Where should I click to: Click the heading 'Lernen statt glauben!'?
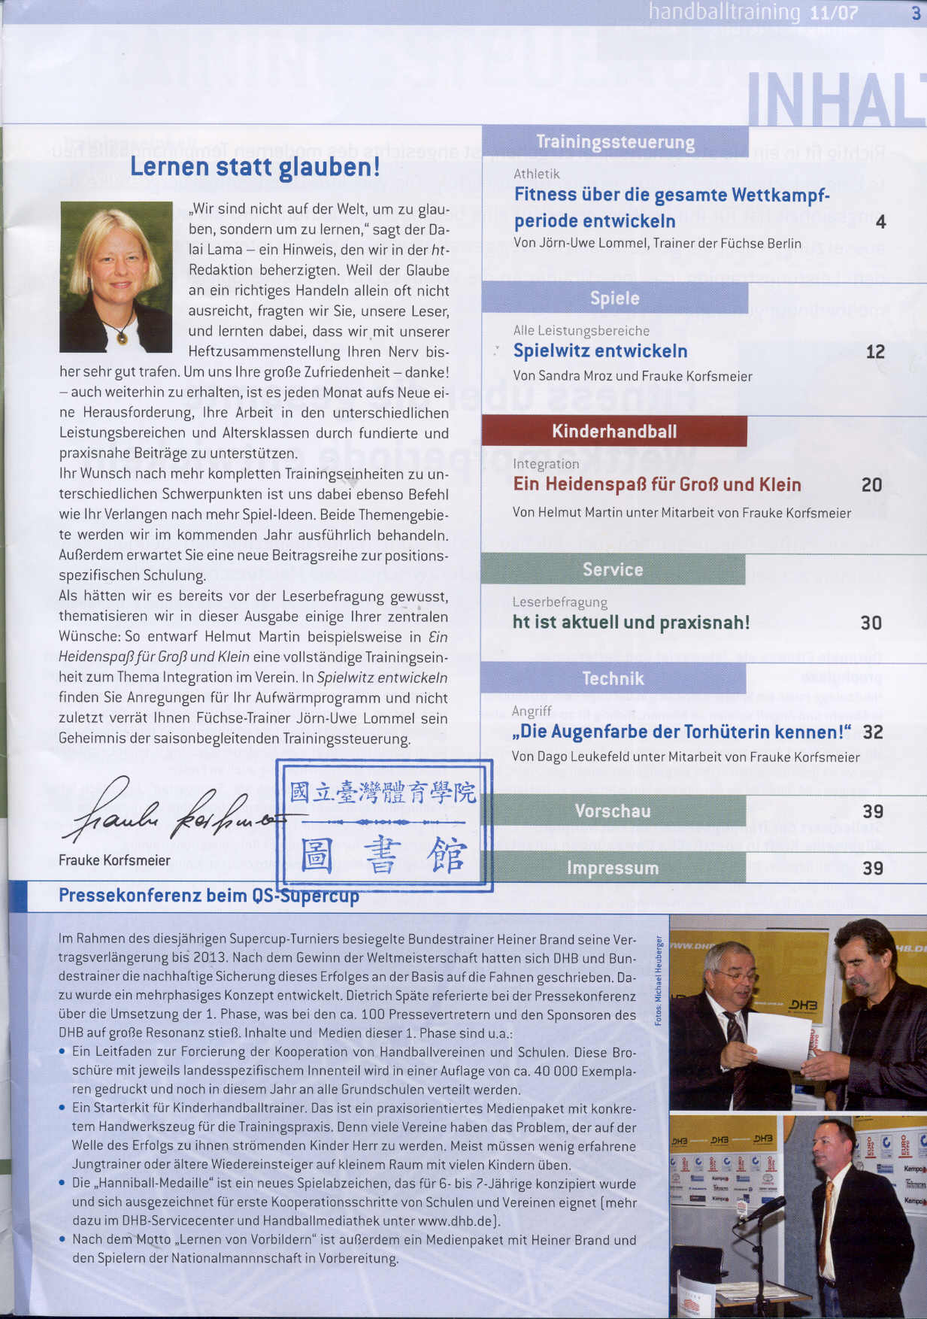point(255,167)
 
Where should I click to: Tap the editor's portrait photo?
point(116,277)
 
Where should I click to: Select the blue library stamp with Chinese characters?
point(384,825)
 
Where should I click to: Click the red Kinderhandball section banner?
point(614,431)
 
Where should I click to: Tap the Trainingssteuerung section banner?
point(615,141)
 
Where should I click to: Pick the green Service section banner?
point(613,569)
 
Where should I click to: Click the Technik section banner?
point(613,678)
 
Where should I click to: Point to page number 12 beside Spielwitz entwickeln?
point(875,352)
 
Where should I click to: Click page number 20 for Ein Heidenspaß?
point(871,485)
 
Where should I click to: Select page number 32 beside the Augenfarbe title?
point(872,732)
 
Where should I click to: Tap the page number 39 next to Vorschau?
point(872,811)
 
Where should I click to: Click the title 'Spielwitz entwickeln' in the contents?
point(600,351)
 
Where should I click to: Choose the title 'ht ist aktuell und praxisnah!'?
point(631,623)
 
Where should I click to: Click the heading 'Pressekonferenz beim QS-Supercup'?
point(209,896)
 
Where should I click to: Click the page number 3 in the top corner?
point(915,13)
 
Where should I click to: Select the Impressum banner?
point(613,868)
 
